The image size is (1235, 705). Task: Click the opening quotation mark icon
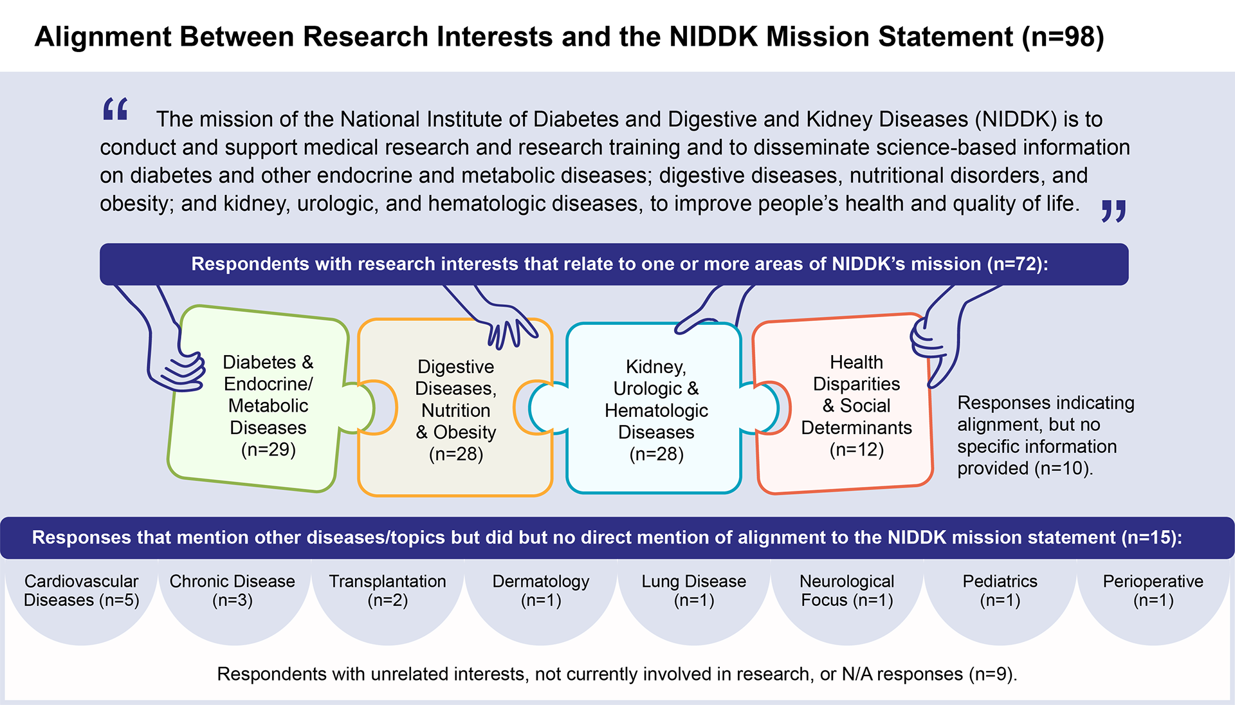[116, 109]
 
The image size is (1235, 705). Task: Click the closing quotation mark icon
[1113, 210]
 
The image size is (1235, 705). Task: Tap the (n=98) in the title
[1063, 37]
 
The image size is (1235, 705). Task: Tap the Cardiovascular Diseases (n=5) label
[82, 591]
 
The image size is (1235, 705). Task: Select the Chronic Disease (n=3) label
[232, 591]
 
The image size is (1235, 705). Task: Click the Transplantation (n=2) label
[387, 591]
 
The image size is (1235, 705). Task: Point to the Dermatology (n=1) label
[541, 591]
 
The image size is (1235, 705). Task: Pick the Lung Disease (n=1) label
[694, 591]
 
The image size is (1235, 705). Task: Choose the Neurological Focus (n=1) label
[846, 591]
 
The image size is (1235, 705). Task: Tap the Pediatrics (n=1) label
[1000, 591]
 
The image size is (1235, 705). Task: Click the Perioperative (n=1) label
[1153, 591]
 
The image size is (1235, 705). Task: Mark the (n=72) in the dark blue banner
[1017, 264]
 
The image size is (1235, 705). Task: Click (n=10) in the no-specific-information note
[1063, 468]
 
